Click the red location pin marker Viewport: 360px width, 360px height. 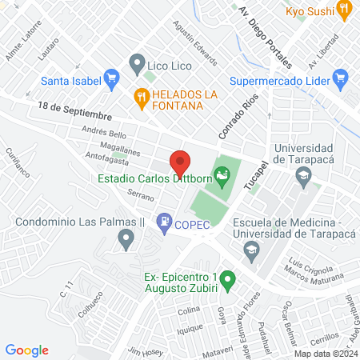click(179, 163)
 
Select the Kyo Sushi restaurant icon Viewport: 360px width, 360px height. click(345, 10)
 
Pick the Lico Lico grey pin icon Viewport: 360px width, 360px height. click(136, 62)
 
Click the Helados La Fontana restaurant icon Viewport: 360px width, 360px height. click(141, 98)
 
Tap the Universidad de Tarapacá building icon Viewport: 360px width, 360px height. click(303, 178)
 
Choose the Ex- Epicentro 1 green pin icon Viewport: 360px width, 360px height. click(228, 281)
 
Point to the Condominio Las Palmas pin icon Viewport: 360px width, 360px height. click(125, 238)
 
